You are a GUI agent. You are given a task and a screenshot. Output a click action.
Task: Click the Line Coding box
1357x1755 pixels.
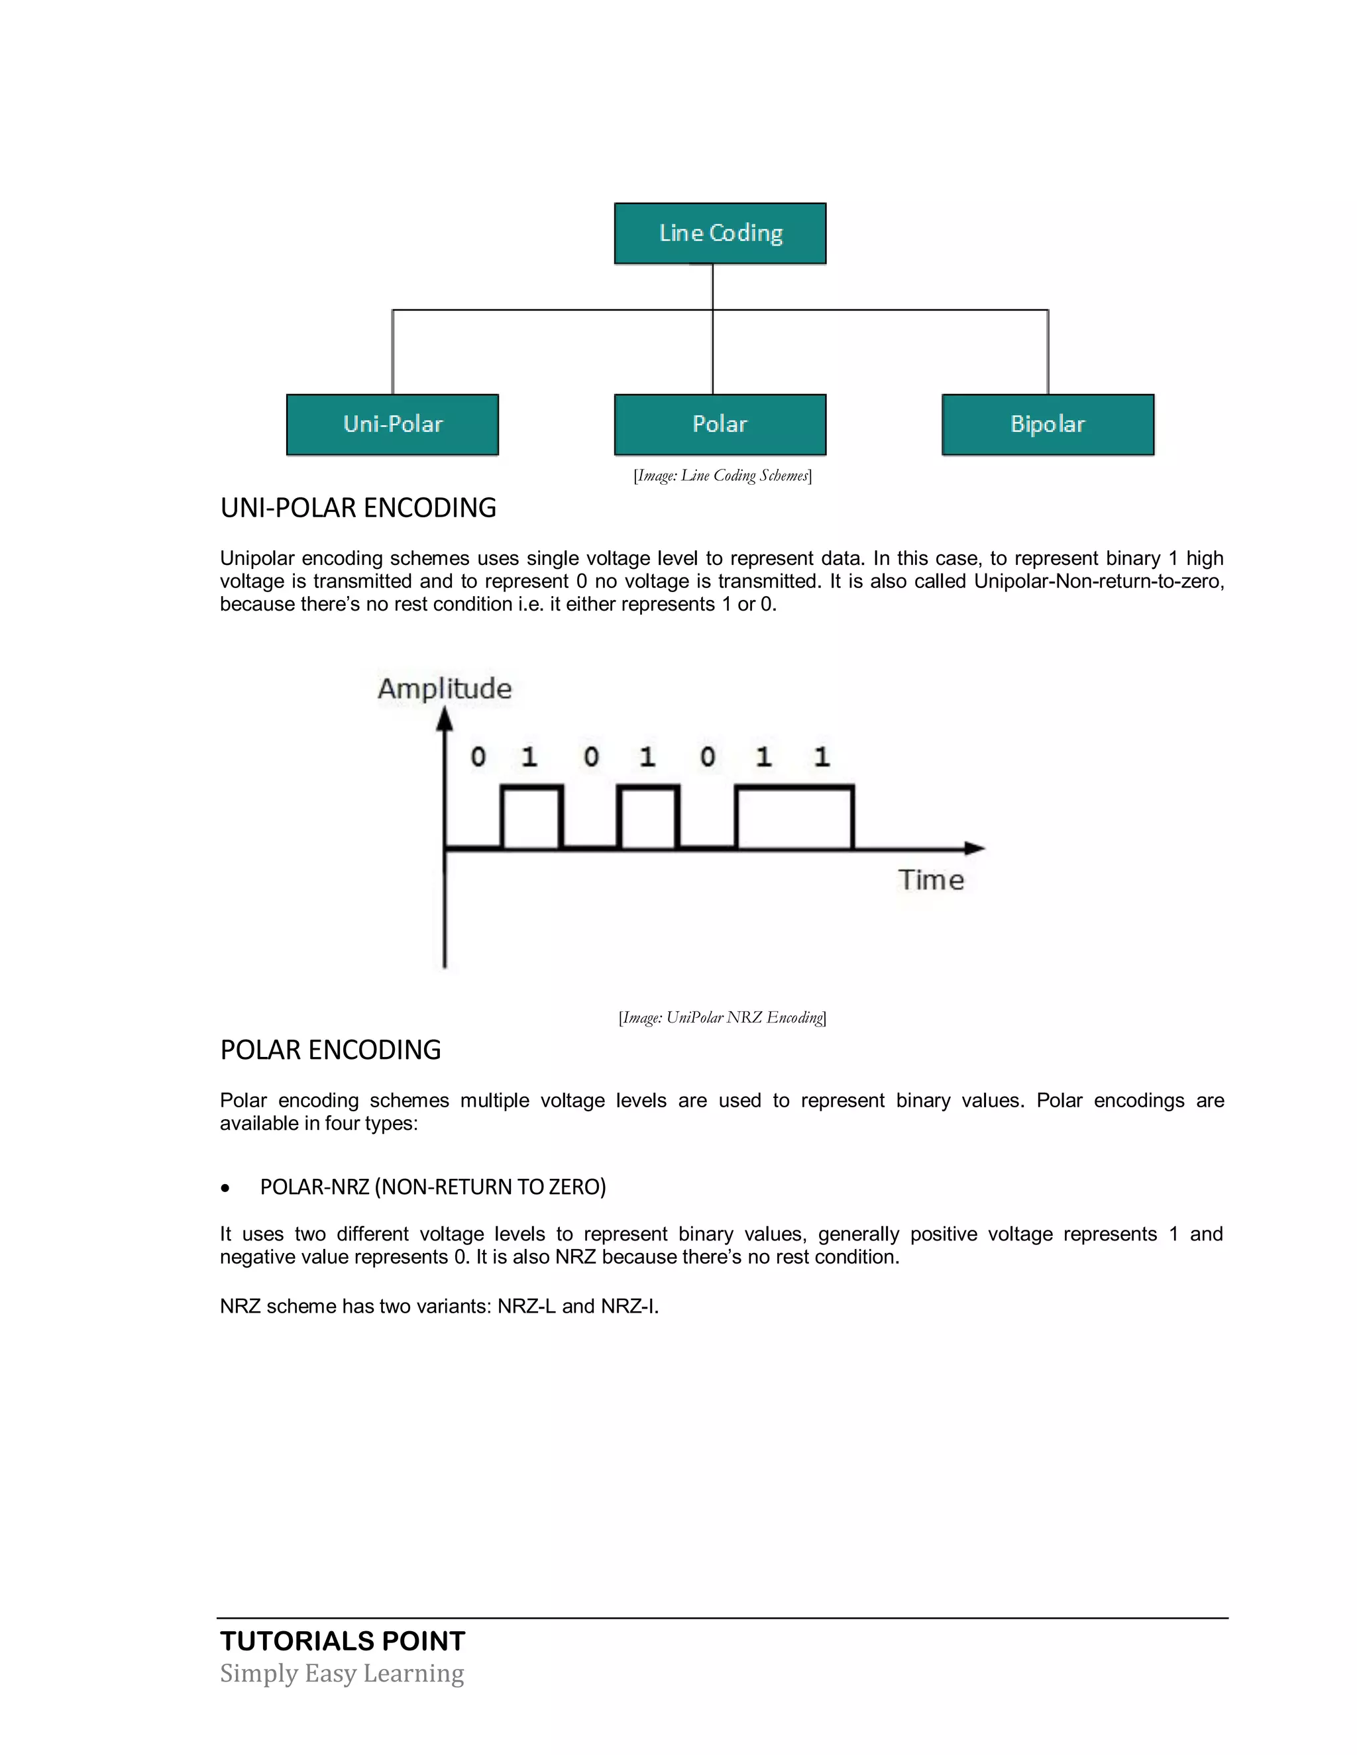tap(720, 233)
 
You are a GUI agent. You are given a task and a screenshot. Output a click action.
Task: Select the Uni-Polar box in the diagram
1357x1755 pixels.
tap(392, 425)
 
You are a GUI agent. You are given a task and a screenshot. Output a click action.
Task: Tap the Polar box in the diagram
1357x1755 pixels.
tap(720, 425)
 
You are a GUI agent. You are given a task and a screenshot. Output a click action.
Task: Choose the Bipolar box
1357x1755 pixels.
tap(1048, 425)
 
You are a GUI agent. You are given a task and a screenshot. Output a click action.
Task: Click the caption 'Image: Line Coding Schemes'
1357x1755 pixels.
tap(722, 476)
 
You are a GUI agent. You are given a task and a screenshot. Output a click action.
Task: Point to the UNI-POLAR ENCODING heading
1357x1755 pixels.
tap(358, 508)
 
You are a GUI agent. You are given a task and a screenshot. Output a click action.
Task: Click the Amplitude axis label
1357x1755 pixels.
tap(445, 689)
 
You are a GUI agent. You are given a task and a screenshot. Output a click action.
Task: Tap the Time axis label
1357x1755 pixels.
tap(931, 880)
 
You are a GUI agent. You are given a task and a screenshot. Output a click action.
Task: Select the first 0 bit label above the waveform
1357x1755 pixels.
tap(478, 756)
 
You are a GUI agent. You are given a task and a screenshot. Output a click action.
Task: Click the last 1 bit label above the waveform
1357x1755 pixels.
tap(821, 756)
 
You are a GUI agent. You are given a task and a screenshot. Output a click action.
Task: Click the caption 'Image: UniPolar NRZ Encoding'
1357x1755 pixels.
tap(722, 1017)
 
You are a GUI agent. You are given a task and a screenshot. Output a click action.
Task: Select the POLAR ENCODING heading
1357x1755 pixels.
tap(331, 1050)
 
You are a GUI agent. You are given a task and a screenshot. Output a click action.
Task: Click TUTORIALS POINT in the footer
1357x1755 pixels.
tap(343, 1641)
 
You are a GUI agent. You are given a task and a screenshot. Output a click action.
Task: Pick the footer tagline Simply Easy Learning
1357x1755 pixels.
tap(342, 1674)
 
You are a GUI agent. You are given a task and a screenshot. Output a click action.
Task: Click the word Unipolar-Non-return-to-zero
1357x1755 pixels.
tap(1098, 581)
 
